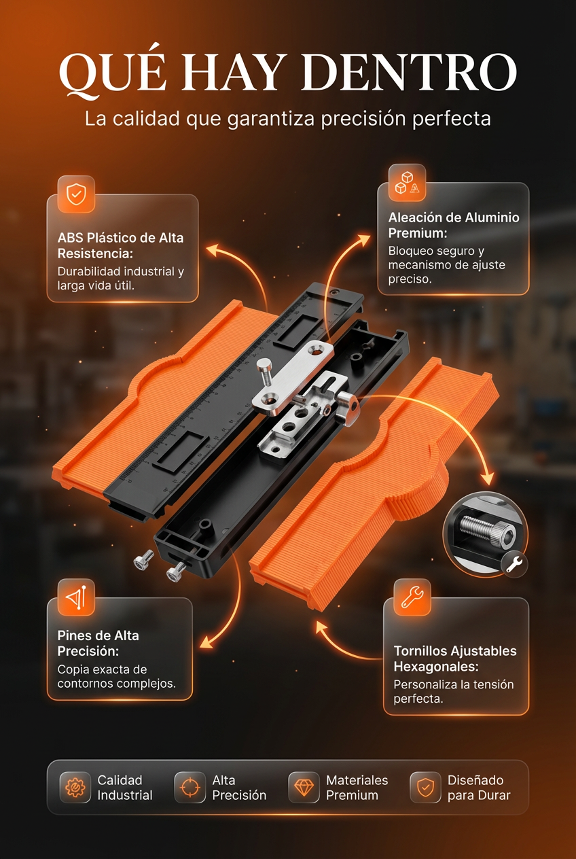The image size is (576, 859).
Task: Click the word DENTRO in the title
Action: coord(410,73)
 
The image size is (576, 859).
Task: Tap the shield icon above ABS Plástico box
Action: coord(76,194)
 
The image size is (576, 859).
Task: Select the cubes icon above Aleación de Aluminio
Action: coord(407,183)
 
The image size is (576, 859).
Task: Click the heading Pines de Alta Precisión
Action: coord(98,643)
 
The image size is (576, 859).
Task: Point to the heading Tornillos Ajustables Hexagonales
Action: coord(455,659)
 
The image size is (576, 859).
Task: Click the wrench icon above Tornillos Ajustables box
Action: coord(412,597)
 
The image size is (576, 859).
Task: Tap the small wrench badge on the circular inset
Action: coord(514,564)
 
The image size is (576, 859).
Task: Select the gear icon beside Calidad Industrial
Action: coord(75,787)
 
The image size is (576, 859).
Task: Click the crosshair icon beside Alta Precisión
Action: coord(190,787)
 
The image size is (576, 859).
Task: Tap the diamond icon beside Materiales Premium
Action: coord(304,787)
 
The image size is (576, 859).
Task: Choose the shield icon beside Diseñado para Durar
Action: coord(425,787)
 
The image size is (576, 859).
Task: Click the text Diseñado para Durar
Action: coord(479,788)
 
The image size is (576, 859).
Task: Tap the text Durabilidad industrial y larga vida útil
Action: coord(121,279)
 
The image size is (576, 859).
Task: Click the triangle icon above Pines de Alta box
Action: coord(76,597)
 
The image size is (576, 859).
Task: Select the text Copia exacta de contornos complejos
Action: coord(117,676)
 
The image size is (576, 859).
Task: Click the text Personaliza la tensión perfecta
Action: coord(453,691)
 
